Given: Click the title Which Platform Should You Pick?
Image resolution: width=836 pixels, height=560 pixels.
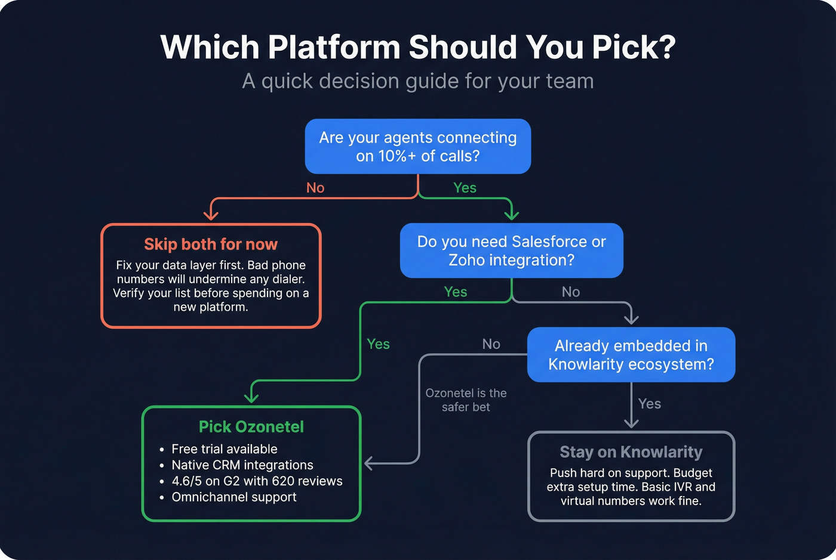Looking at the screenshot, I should pos(418,47).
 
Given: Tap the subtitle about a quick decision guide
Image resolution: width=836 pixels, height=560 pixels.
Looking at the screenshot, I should pos(418,81).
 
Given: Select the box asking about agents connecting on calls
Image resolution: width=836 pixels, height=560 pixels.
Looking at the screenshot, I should pos(418,146).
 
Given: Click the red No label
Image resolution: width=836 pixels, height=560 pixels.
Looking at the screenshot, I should pos(315,188).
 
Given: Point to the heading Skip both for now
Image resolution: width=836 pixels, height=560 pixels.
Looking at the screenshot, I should pos(211,245).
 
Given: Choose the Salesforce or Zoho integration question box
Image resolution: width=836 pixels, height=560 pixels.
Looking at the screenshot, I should pos(512,250).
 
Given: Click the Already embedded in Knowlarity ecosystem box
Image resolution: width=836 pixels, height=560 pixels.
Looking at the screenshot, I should pos(631,355).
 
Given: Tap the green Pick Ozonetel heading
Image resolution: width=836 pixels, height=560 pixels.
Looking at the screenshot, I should pos(251,427).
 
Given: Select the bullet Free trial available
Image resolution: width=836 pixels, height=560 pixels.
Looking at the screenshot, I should pos(225,449).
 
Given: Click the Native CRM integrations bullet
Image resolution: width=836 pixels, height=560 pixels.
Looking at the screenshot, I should pos(242,465).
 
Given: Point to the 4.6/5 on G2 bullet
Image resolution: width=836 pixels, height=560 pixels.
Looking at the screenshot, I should pos(257,481).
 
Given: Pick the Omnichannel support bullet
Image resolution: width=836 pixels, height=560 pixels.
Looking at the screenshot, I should pos(234,497).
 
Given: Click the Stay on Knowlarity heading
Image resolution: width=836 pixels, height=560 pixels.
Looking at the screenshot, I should pos(631,452).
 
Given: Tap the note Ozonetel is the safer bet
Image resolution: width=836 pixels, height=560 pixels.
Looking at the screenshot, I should pos(466,400).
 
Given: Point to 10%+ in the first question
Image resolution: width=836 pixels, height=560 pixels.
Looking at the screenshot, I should pos(395,156).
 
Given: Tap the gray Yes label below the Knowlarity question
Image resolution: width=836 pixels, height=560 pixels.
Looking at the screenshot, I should pos(649,404).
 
